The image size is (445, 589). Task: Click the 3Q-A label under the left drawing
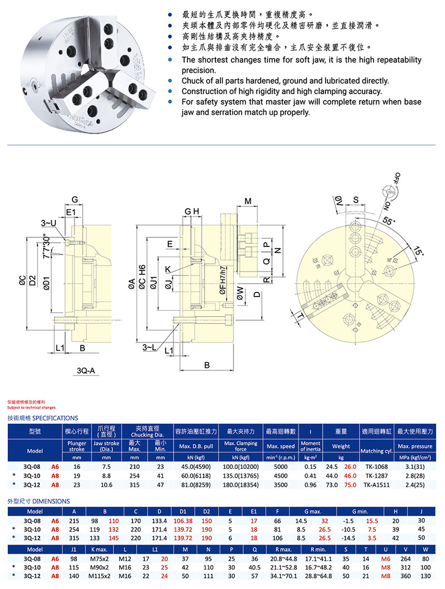click(x=87, y=371)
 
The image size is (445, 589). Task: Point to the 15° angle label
click(x=418, y=253)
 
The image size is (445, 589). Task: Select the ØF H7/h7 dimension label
click(x=222, y=281)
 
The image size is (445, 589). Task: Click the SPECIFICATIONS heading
click(x=42, y=418)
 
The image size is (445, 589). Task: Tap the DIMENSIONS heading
click(x=38, y=501)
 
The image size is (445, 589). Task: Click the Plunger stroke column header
click(x=77, y=446)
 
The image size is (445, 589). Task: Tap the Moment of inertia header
click(x=310, y=446)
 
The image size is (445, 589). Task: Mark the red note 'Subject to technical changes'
click(x=32, y=407)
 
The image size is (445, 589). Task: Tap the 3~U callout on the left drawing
click(x=49, y=223)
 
